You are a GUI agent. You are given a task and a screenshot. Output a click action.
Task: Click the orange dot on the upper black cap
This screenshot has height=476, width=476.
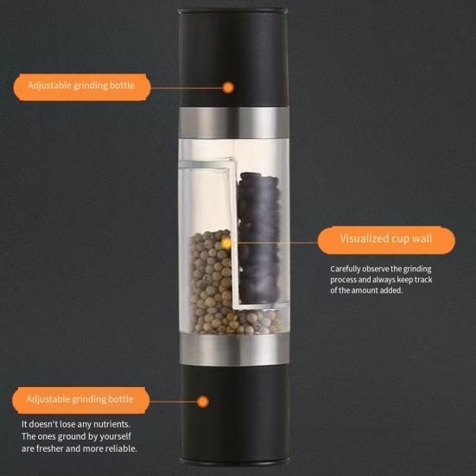coord(228,87)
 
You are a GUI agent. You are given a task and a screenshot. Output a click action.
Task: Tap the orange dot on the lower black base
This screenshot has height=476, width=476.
coord(203,401)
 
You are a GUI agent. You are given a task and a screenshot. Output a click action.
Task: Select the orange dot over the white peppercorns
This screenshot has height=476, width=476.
coord(226,244)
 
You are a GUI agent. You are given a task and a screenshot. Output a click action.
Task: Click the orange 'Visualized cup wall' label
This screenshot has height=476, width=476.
coord(385,238)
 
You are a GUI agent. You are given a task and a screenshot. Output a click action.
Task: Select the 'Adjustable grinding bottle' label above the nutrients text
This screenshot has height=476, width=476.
coord(80,400)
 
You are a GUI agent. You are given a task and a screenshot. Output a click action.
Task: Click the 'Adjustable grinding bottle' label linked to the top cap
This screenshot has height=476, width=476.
coord(80,86)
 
